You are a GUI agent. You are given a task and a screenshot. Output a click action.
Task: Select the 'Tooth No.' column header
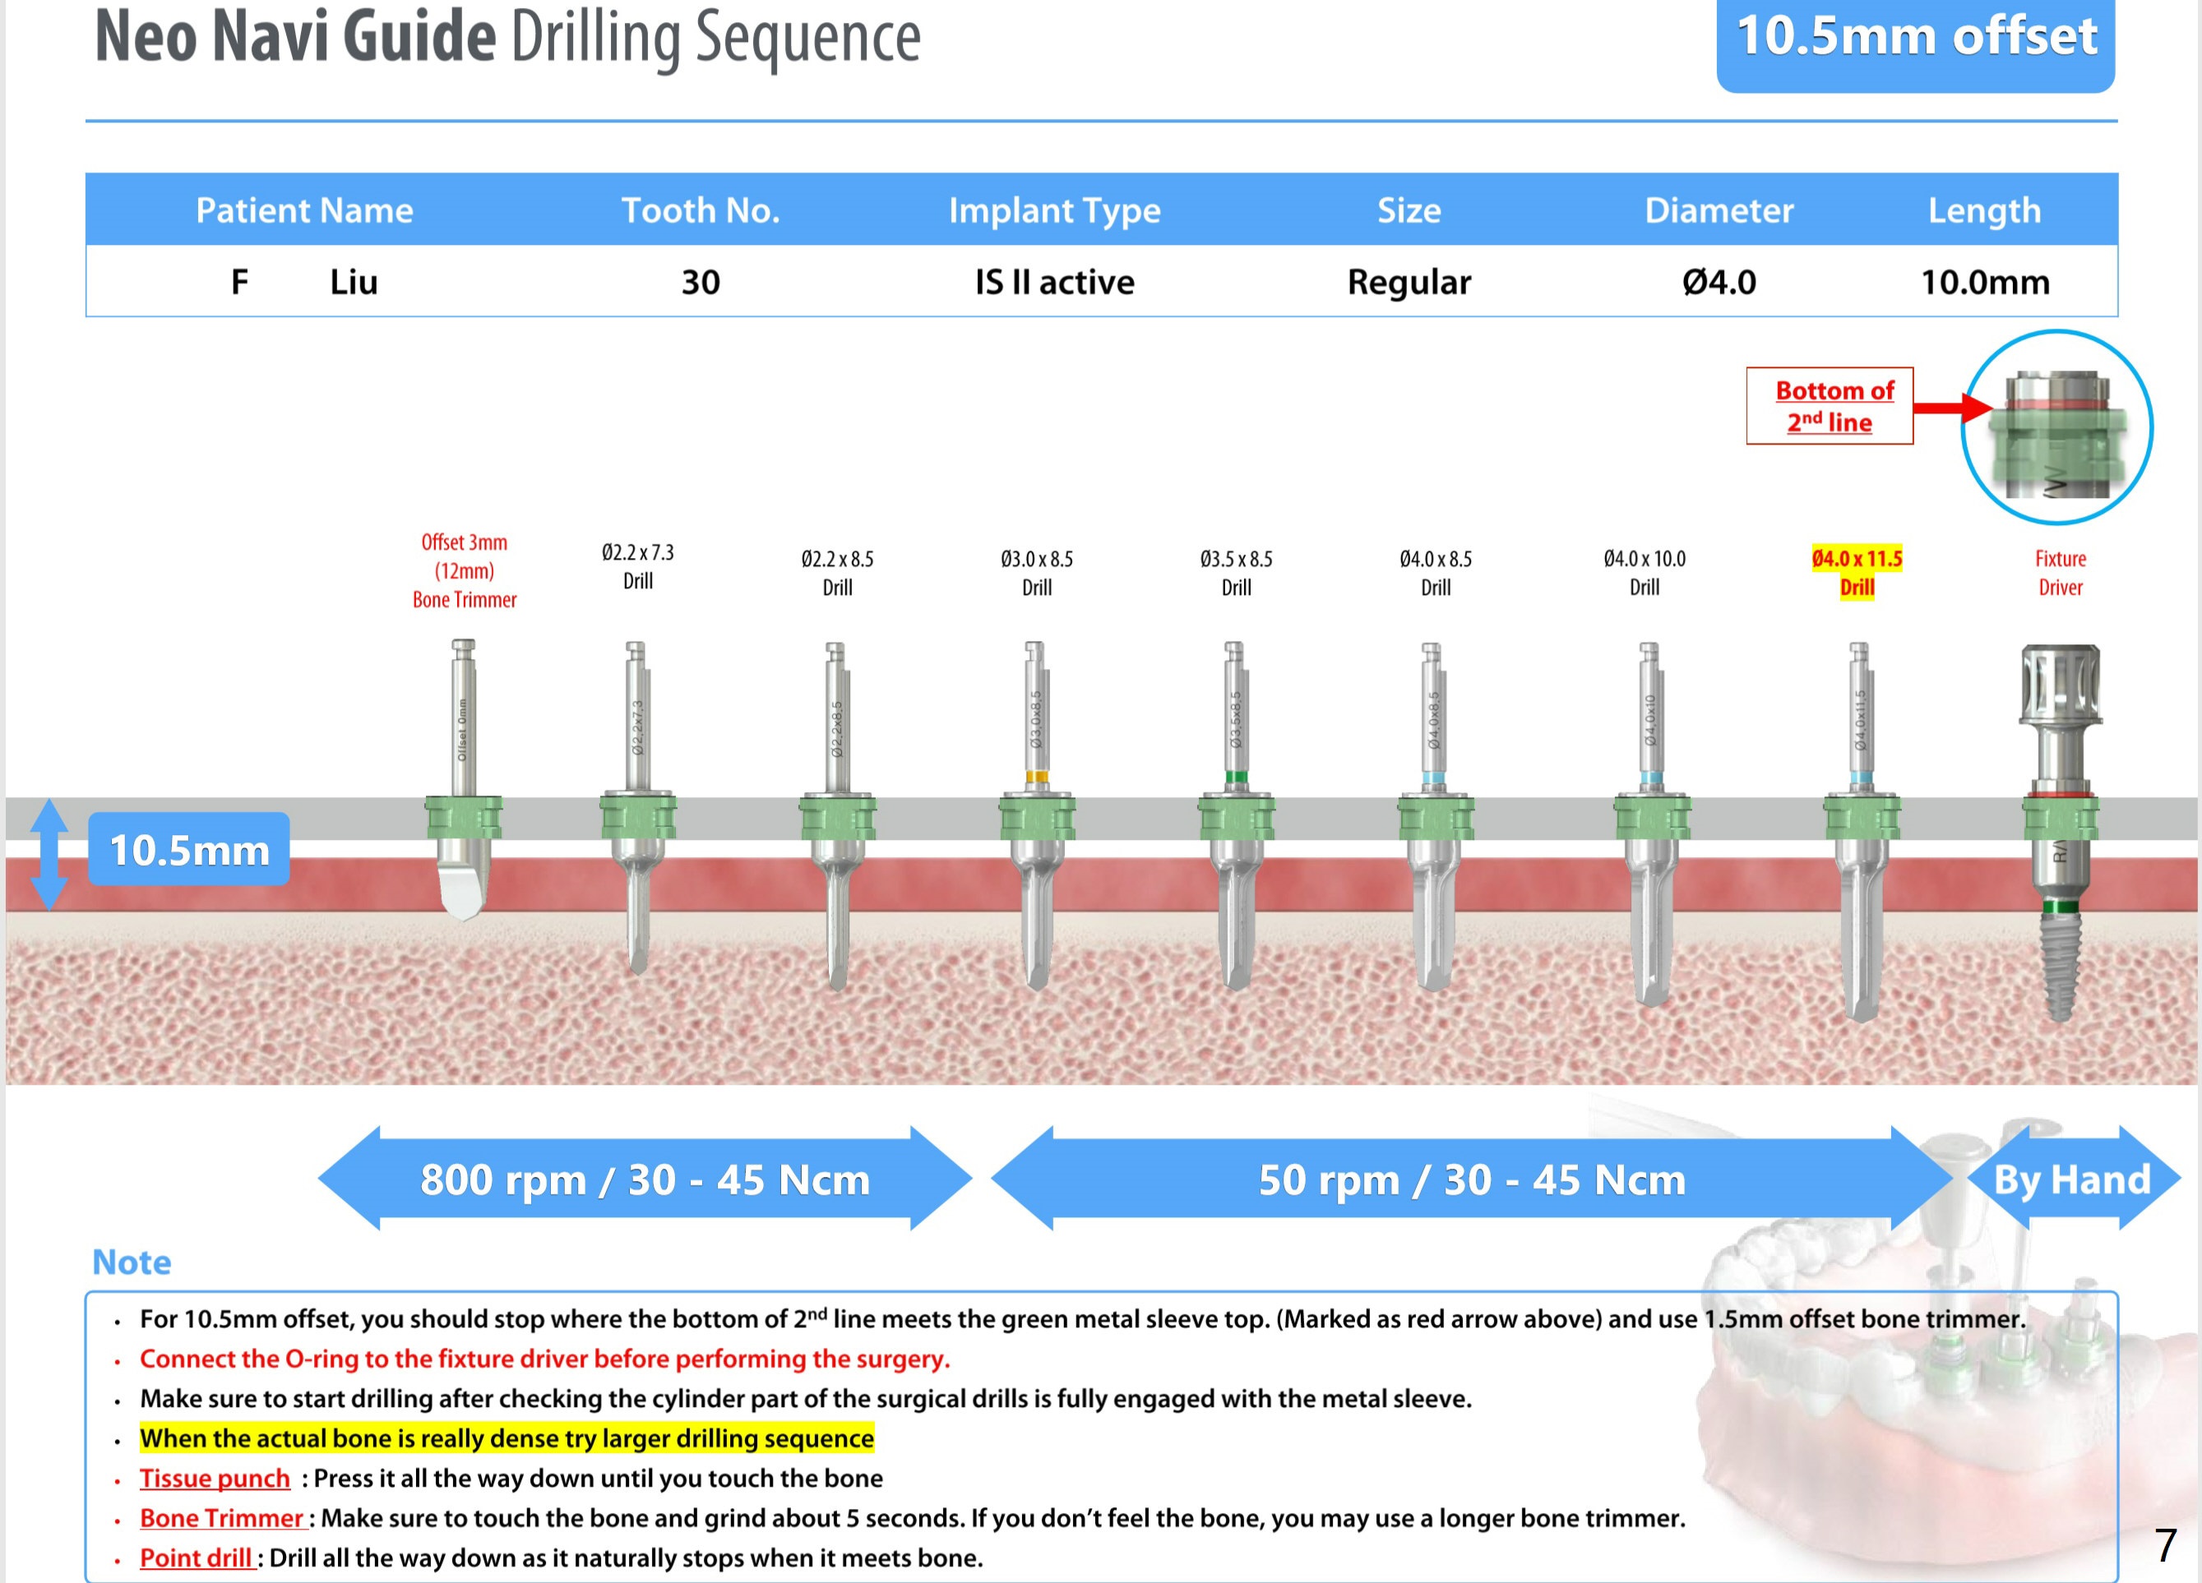coord(700,210)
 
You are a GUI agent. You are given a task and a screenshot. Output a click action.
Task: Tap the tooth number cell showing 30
coord(700,281)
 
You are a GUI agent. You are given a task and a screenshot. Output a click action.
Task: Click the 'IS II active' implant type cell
coord(1054,281)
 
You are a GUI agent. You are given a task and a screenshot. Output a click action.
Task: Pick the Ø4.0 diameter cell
coord(1719,281)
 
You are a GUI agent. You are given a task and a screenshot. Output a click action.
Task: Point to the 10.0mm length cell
coord(1985,281)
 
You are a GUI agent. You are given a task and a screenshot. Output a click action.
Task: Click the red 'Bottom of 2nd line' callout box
coord(1830,406)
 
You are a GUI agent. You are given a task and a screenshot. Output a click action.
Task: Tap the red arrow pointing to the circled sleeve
coord(1951,407)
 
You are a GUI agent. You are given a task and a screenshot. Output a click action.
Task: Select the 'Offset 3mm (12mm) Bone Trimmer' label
coord(464,570)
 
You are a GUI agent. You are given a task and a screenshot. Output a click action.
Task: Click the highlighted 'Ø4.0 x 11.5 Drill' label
coord(1857,573)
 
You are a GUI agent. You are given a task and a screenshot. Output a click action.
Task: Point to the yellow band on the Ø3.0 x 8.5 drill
coord(1037,777)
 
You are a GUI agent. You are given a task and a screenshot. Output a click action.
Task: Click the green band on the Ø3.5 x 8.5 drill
coord(1236,777)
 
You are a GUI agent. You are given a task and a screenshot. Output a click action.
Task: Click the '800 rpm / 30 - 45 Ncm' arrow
coord(645,1179)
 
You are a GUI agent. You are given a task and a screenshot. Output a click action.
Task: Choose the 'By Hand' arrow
coord(2072,1179)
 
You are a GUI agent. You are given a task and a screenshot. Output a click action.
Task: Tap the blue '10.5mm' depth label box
coord(189,849)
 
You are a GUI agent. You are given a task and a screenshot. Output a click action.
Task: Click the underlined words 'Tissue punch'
coord(215,1477)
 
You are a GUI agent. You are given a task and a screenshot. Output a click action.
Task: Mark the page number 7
coord(2165,1544)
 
